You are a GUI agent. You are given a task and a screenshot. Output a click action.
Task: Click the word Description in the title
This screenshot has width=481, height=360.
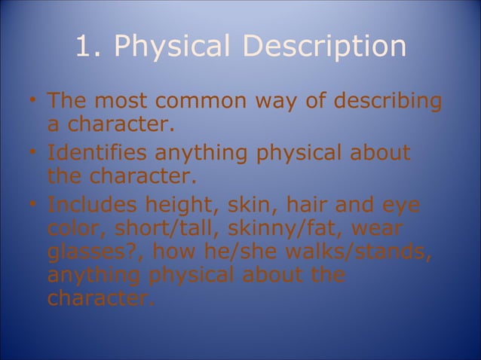pos(326,47)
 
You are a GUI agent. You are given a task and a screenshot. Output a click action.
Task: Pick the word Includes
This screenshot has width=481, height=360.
pos(92,205)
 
